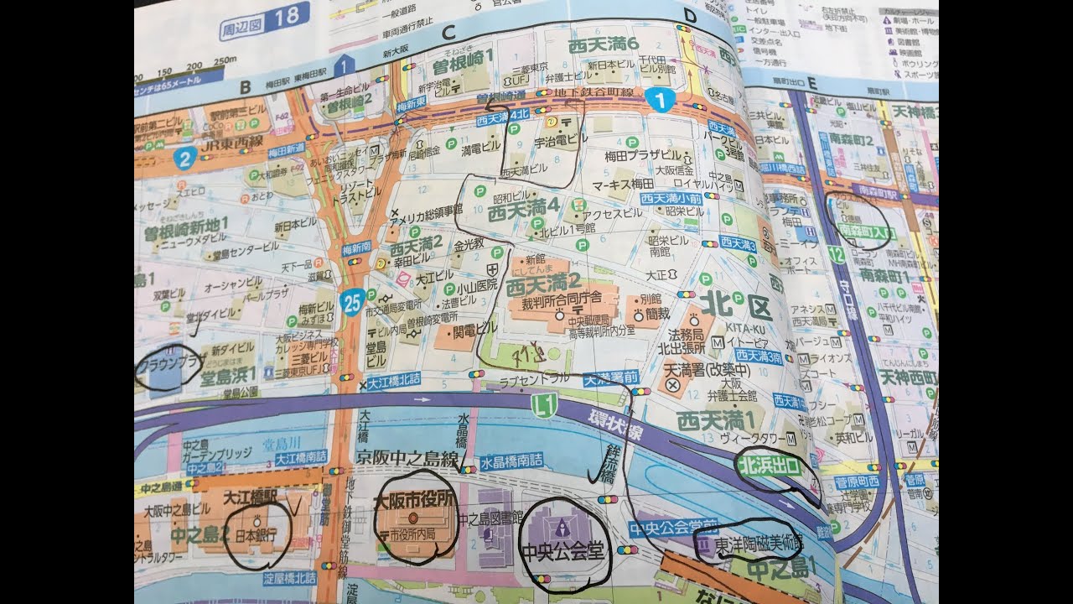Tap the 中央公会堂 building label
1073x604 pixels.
[x=561, y=551]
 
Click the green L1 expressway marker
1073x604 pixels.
[x=546, y=405]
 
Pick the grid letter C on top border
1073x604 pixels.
[x=448, y=34]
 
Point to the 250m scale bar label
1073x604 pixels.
[x=224, y=69]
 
